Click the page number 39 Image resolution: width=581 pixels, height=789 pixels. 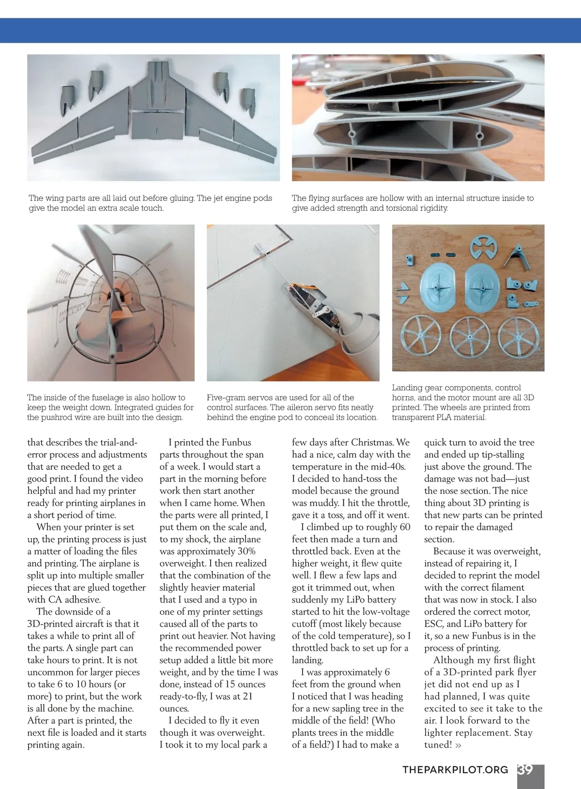tap(525, 770)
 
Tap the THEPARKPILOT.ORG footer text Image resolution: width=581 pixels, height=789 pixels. tap(455, 770)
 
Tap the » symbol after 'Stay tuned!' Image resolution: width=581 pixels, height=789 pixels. tap(458, 745)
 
